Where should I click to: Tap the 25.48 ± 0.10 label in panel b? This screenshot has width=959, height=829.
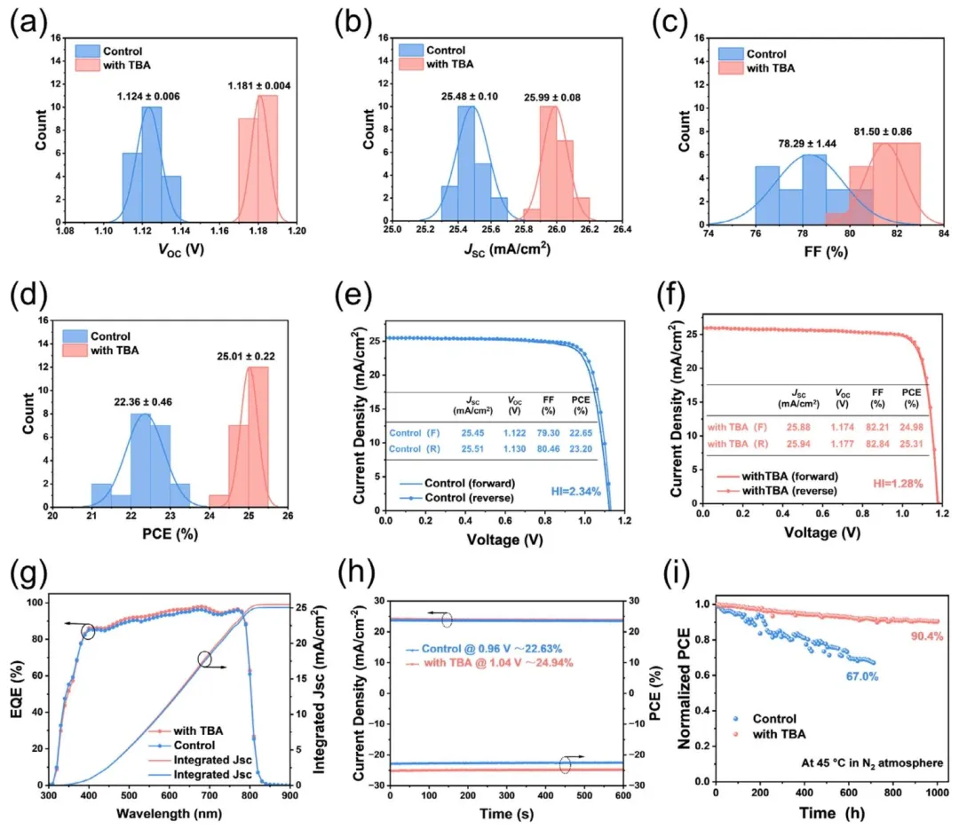point(466,97)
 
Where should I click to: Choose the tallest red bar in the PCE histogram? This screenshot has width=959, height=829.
point(258,435)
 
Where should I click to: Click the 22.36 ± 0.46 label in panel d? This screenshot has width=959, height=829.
point(142,402)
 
